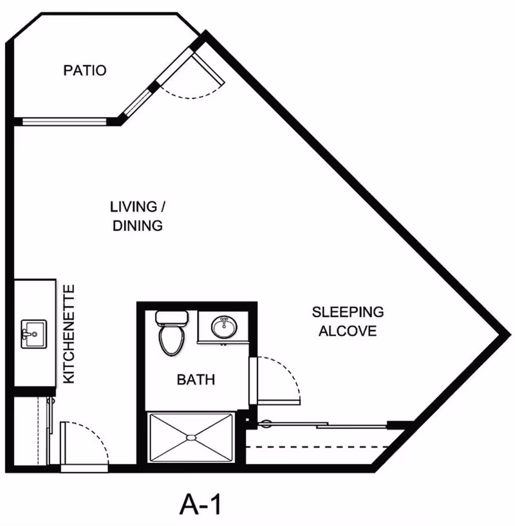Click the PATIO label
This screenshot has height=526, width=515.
pyautogui.click(x=84, y=70)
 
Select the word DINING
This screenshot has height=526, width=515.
pyautogui.click(x=137, y=226)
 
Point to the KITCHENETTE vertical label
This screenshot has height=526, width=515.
pyautogui.click(x=70, y=334)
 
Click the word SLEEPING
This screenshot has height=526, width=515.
pyautogui.click(x=348, y=313)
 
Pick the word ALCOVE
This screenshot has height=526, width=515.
pyautogui.click(x=348, y=332)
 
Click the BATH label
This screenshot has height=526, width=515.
pyautogui.click(x=196, y=380)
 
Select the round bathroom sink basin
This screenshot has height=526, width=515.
pyautogui.click(x=223, y=327)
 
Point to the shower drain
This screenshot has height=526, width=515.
pyautogui.click(x=191, y=437)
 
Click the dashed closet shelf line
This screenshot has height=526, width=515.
pyautogui.click(x=319, y=446)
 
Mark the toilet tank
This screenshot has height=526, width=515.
pyautogui.click(x=172, y=318)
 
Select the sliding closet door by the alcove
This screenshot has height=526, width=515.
pyautogui.click(x=322, y=424)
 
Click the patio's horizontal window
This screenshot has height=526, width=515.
pyautogui.click(x=64, y=121)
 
